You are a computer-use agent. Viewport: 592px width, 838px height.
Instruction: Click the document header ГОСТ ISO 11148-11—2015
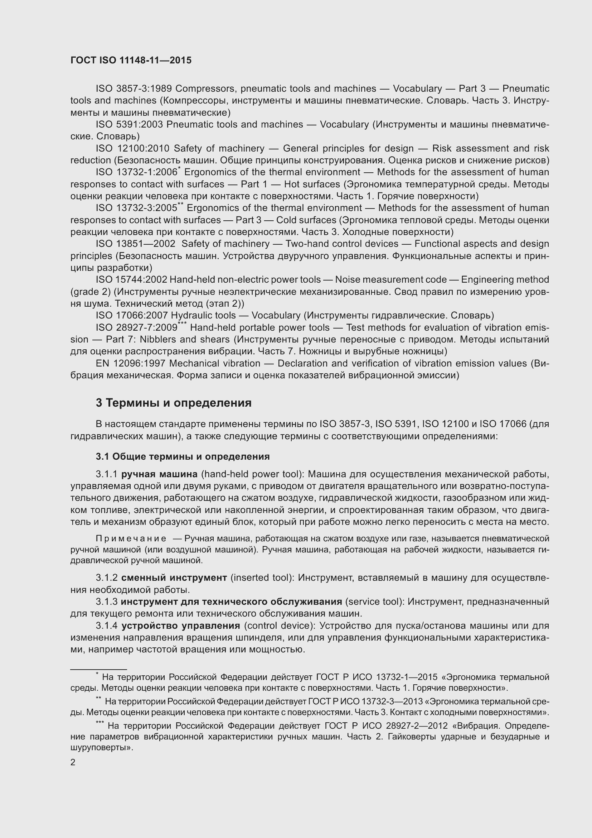click(131, 61)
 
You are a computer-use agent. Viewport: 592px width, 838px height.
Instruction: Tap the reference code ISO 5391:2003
click(130, 124)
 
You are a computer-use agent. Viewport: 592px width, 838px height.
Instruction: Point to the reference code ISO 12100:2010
click(133, 149)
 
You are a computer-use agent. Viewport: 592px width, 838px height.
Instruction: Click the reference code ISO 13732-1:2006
click(136, 172)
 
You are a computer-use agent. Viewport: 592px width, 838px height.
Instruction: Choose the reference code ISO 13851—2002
click(136, 244)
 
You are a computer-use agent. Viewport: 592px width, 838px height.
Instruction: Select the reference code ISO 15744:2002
click(131, 279)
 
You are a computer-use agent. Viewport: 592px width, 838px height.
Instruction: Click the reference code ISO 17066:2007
click(131, 315)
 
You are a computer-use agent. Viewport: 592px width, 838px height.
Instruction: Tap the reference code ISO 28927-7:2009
click(136, 328)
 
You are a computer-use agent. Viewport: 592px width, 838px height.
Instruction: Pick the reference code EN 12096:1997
click(131, 364)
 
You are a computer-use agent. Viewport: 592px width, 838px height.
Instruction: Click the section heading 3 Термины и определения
click(174, 403)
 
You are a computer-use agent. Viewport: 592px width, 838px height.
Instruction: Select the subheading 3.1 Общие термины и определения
click(183, 456)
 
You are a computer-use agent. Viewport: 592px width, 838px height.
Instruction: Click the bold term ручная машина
click(159, 474)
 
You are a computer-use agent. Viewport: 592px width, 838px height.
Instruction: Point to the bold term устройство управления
click(180, 626)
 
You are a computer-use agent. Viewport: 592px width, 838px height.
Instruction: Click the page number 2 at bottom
click(73, 763)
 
